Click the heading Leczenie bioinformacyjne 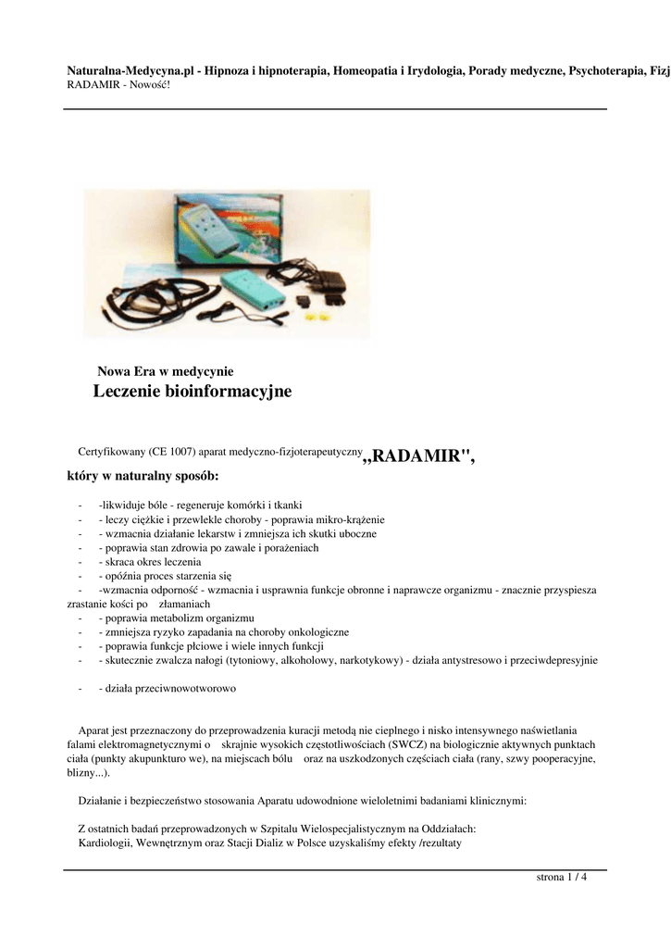click(x=193, y=392)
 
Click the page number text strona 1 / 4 click(x=562, y=877)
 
